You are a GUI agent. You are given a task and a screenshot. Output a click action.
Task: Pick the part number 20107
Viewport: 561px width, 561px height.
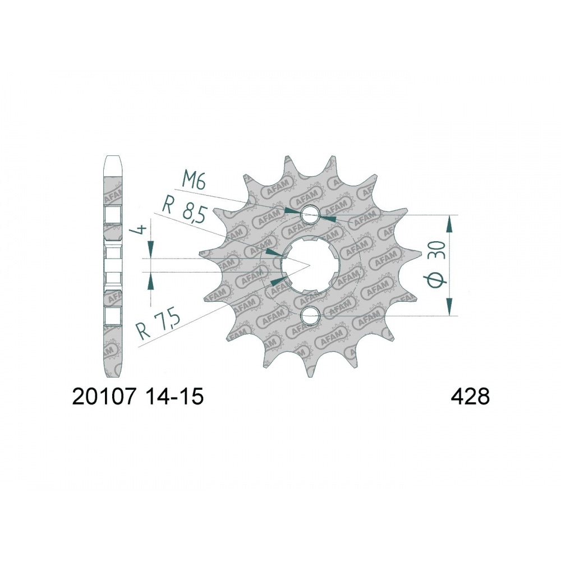click(104, 397)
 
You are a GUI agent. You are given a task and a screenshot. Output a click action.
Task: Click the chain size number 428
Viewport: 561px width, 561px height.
click(470, 397)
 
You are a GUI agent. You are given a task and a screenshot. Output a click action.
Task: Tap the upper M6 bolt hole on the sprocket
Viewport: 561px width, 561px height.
click(310, 215)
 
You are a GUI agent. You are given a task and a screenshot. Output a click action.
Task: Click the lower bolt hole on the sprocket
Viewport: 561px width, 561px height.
click(310, 315)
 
